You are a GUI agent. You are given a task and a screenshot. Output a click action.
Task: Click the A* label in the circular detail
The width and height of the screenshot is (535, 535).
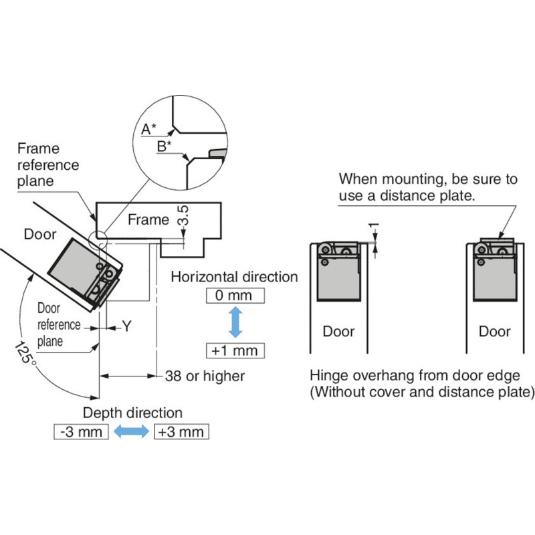coord(148,129)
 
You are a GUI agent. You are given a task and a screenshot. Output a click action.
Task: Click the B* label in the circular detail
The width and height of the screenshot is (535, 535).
coord(164,146)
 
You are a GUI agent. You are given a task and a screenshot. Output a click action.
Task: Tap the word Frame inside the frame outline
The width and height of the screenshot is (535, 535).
coord(148,219)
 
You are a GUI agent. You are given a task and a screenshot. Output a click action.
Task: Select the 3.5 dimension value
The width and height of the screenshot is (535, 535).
coord(183,215)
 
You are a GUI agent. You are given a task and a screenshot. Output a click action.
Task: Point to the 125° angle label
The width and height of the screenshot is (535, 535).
coord(25,353)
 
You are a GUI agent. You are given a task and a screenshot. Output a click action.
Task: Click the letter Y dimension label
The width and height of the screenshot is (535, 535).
coord(127,326)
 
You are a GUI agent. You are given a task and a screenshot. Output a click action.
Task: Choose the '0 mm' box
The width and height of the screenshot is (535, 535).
coord(235,296)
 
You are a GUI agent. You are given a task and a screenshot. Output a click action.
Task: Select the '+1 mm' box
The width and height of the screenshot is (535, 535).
coord(235,350)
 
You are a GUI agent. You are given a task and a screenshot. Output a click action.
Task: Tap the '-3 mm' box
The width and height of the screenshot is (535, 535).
coord(81,431)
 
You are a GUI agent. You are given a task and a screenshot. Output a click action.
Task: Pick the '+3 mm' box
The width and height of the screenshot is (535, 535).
coord(181,431)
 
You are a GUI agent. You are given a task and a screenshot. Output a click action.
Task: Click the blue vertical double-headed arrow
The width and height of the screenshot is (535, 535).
coord(235,322)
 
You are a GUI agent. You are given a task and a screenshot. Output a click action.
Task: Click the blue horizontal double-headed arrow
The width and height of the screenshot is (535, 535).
coord(131,431)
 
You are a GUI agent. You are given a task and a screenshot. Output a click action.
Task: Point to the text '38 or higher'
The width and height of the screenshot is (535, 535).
coord(205,376)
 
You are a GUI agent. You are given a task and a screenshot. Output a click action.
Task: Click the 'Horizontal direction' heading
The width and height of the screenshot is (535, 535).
coord(235,277)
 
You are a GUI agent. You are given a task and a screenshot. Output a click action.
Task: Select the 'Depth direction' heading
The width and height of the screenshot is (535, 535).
coord(132,413)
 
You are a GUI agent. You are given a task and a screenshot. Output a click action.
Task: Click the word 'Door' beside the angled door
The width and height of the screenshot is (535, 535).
coord(40,234)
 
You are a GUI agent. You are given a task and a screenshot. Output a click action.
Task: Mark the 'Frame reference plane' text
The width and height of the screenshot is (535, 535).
coord(48,165)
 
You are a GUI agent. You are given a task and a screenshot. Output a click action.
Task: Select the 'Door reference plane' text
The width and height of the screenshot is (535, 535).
coord(59,324)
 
